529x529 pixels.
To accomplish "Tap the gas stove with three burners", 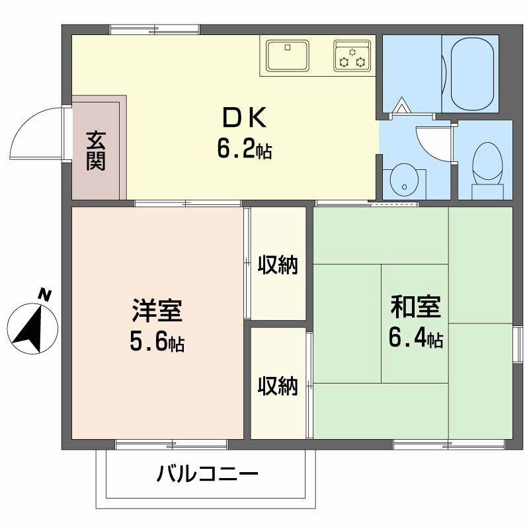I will coord(352,55).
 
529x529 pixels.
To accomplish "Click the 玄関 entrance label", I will coord(97,151).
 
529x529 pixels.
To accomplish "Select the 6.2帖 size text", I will coord(244,150).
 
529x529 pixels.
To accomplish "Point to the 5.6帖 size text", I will coord(157,343).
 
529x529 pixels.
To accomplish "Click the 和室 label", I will coord(415,307).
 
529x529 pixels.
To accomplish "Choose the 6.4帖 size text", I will coord(415,339).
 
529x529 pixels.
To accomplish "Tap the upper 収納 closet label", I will coord(278,265).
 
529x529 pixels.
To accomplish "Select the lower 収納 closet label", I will coord(278,386).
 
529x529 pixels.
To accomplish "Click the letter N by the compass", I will coord(44,295).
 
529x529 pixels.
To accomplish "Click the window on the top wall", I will coord(155,29).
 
